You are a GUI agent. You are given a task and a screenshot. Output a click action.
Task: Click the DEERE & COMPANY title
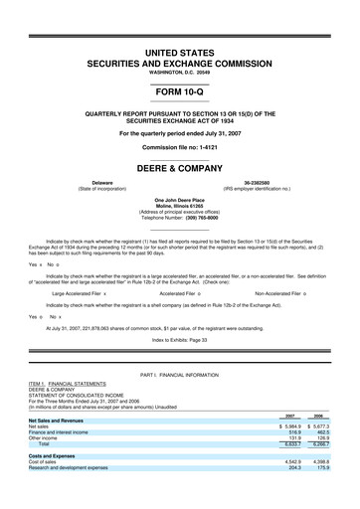tap(179, 168)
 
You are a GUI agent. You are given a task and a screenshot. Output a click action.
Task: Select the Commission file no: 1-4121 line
tap(179, 147)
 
